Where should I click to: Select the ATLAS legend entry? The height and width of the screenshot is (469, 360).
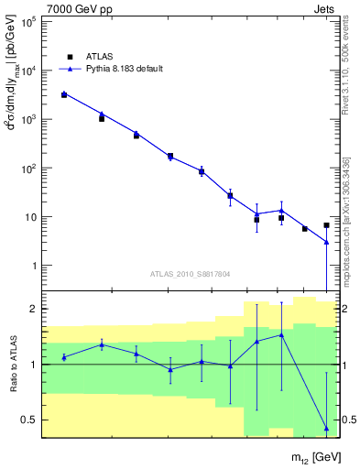[x=97, y=56]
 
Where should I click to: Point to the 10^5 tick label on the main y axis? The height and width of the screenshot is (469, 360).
[x=27, y=22]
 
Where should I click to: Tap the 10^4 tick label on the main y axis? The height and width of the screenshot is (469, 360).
[x=27, y=71]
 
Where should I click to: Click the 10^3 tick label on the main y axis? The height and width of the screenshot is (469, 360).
[x=27, y=119]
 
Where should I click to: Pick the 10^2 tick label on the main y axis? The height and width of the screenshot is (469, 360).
[x=27, y=169]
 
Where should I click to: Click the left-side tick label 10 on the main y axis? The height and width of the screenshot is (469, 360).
[x=29, y=217]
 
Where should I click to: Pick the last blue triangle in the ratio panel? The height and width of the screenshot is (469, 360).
[x=326, y=428]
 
